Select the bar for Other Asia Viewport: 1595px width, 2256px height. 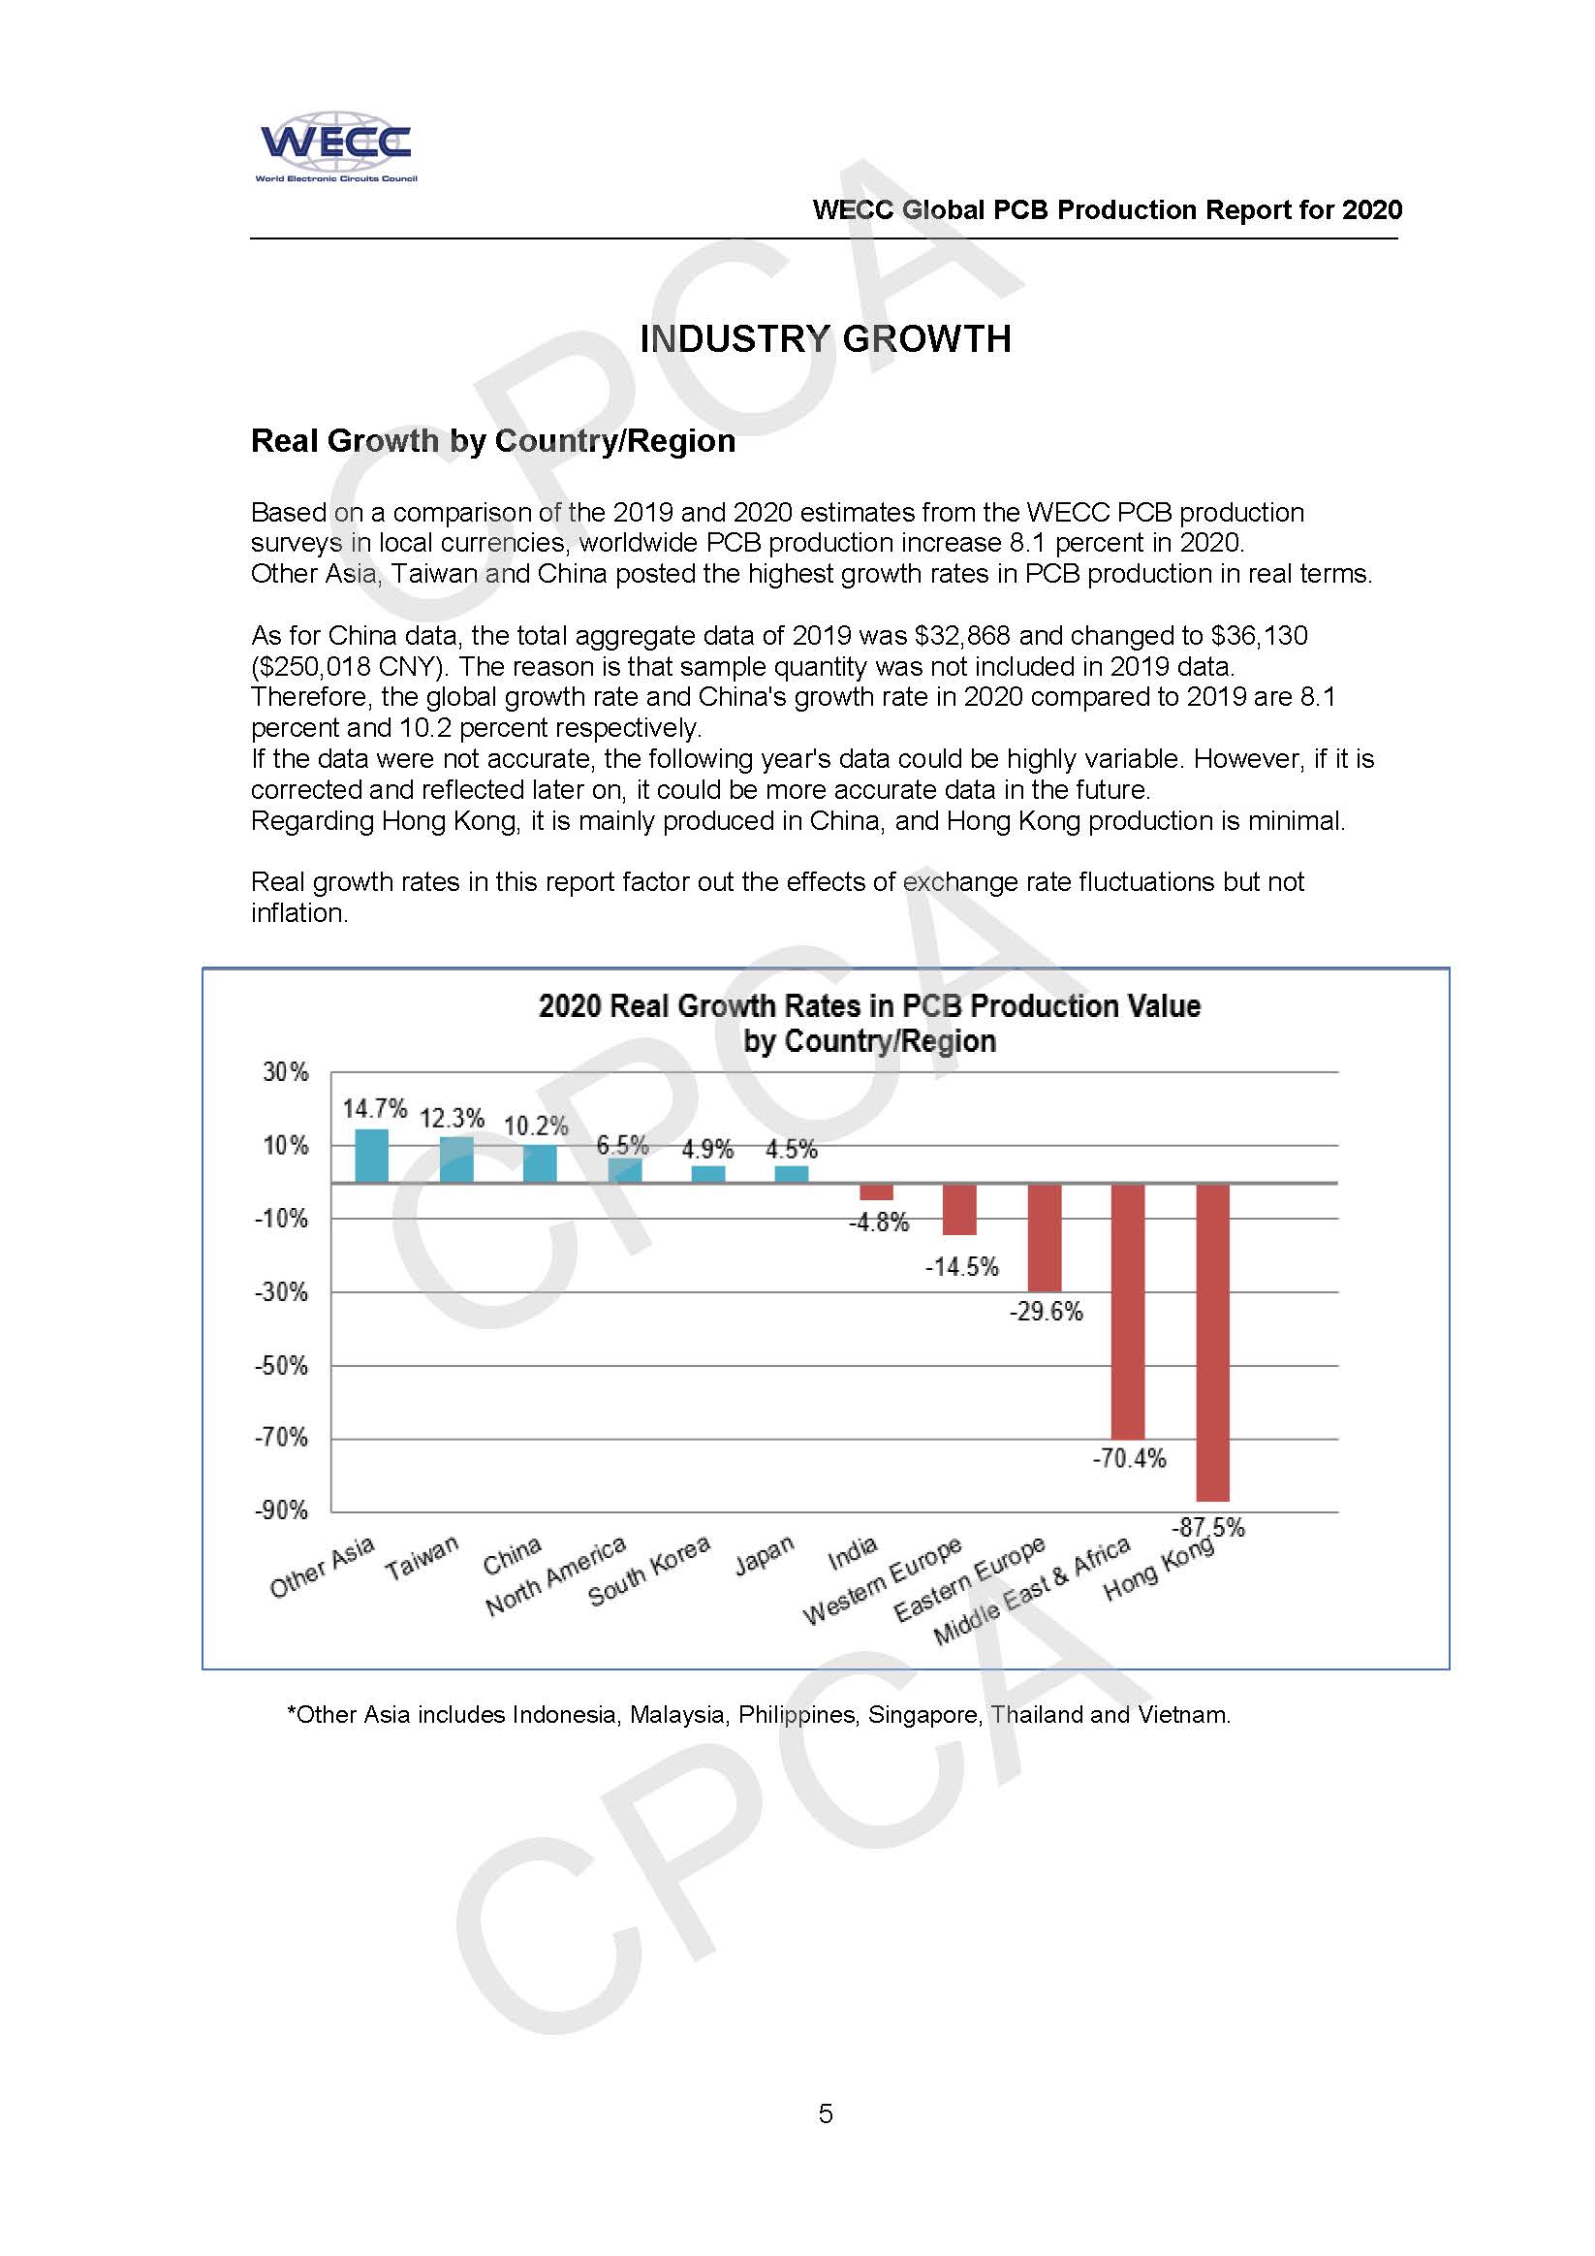(370, 1156)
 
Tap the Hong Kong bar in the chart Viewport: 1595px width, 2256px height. (1212, 1342)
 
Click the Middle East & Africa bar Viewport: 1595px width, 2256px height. (1128, 1311)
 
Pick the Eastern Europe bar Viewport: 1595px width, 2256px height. (1044, 1237)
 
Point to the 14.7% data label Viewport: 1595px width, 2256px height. (374, 1109)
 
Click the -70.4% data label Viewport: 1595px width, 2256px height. (1129, 1458)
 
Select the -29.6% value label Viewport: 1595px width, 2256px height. (1045, 1312)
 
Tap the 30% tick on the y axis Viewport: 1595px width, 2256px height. (285, 1072)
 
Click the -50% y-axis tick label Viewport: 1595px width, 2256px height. (281, 1366)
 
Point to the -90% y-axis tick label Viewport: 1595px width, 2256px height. (281, 1511)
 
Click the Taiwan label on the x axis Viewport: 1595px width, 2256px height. (422, 1558)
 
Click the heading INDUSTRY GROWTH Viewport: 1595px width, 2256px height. (825, 339)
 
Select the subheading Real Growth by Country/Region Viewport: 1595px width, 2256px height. (493, 441)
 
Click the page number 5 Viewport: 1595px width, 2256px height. (825, 2113)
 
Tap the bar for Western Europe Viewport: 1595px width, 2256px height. (959, 1209)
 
